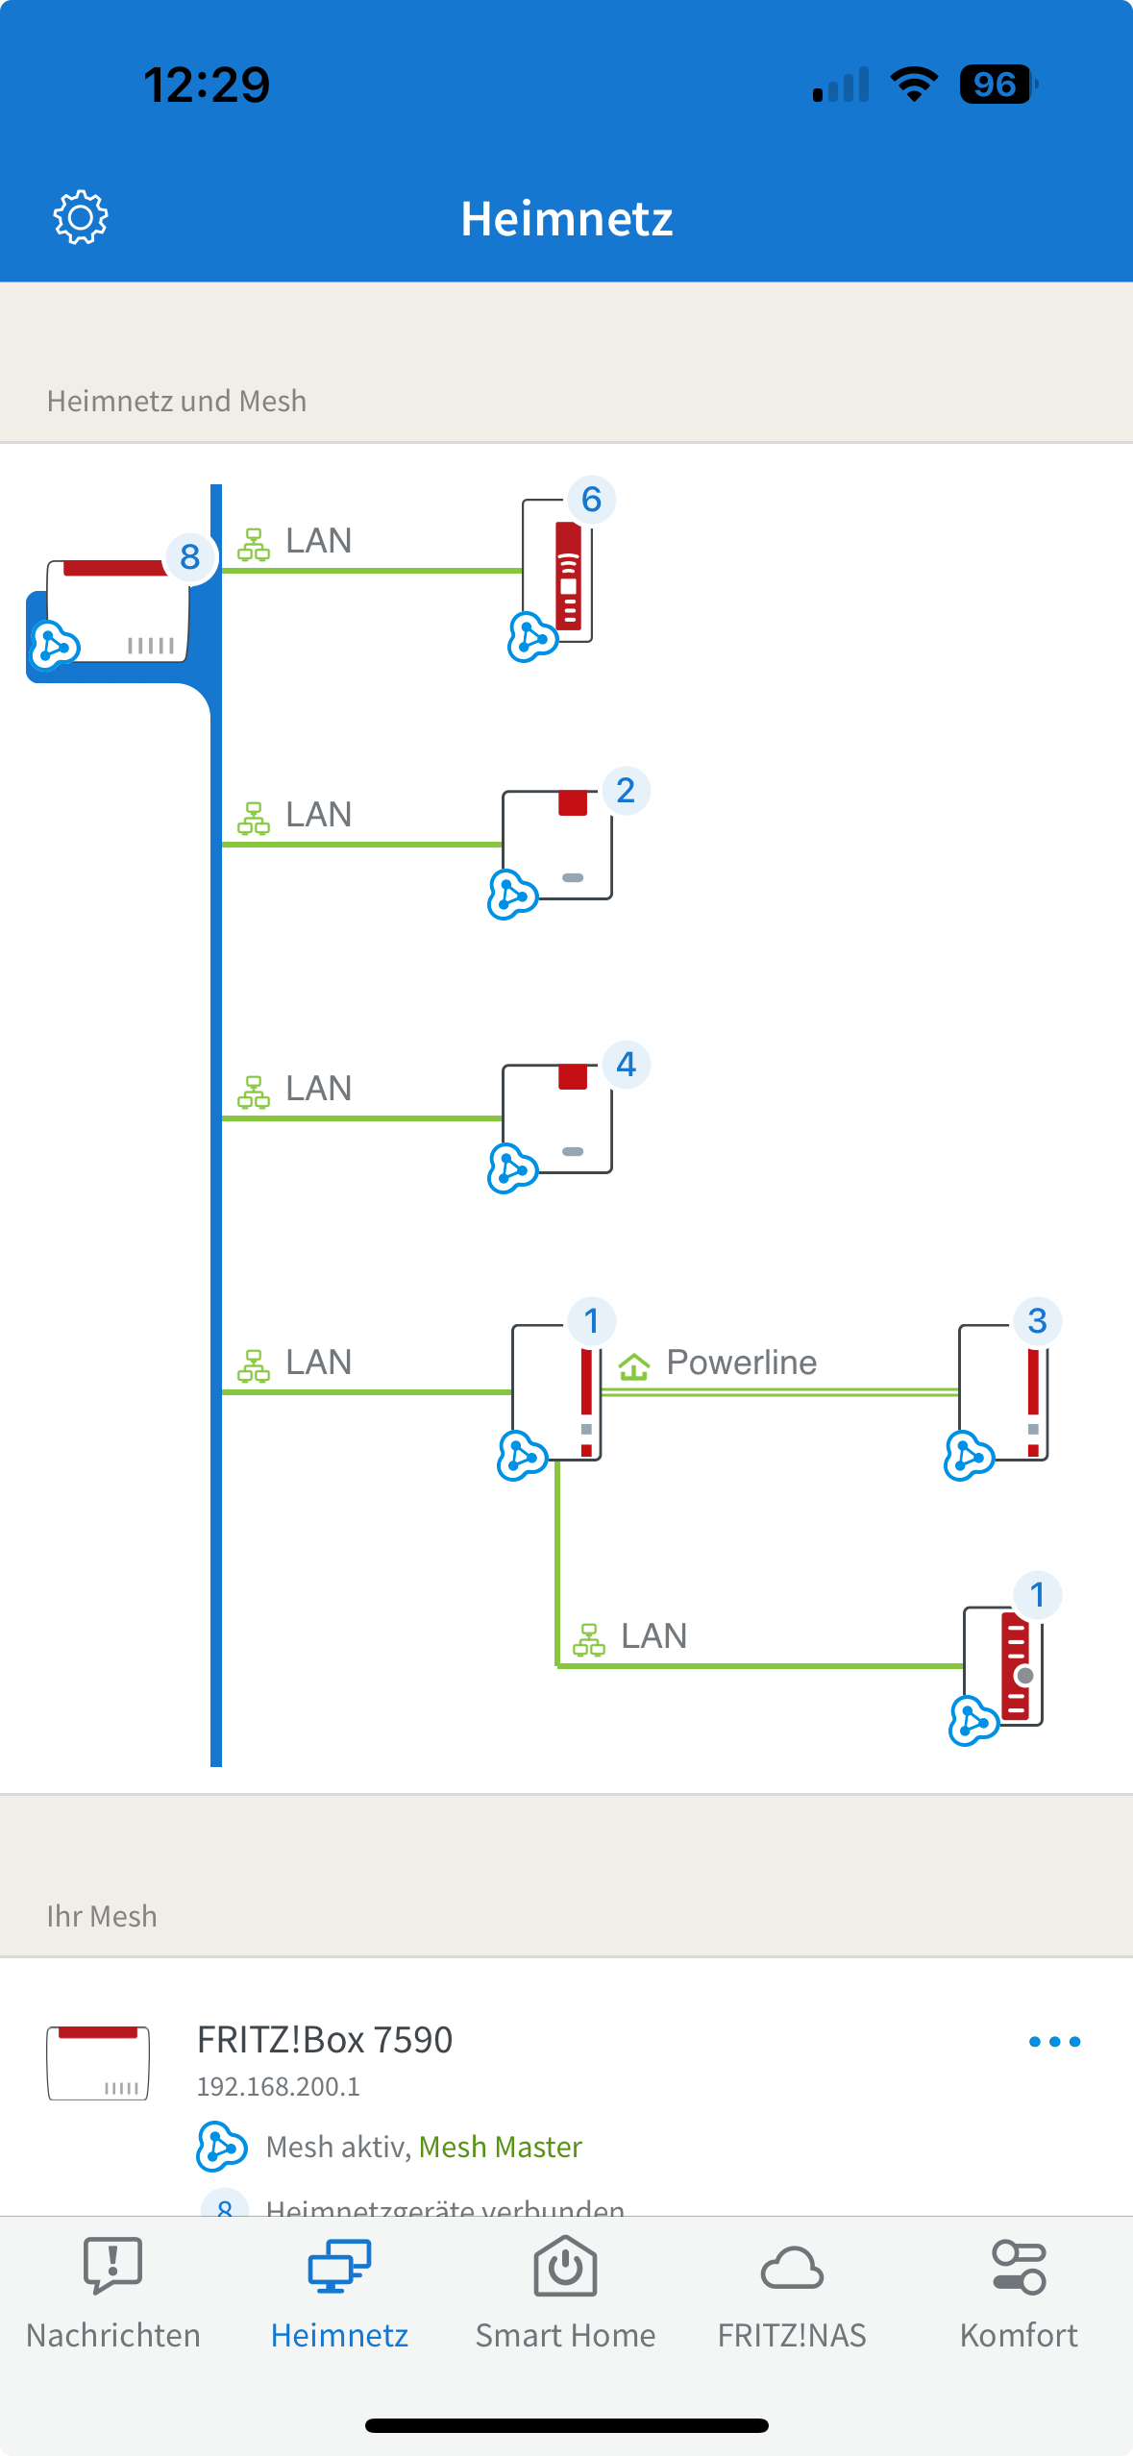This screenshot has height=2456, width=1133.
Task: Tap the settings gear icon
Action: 81,217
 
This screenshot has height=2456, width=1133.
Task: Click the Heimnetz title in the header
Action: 566,219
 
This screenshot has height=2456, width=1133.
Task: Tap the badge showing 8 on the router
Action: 189,556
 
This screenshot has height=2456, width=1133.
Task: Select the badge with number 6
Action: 591,500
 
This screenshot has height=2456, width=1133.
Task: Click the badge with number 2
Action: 626,791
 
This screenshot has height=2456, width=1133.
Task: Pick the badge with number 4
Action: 626,1065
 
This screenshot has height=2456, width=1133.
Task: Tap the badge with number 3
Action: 1037,1321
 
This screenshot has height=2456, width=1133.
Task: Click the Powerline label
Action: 741,1363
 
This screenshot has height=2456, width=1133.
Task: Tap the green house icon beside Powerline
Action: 634,1364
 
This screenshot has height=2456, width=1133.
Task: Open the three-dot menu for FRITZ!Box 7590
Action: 1054,2042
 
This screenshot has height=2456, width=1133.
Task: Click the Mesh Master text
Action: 500,2147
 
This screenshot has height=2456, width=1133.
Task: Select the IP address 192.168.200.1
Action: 278,2086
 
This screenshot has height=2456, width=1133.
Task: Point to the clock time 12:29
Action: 207,85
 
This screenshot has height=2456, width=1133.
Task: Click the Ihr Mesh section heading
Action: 102,1916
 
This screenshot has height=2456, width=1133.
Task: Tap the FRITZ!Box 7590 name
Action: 324,2039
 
